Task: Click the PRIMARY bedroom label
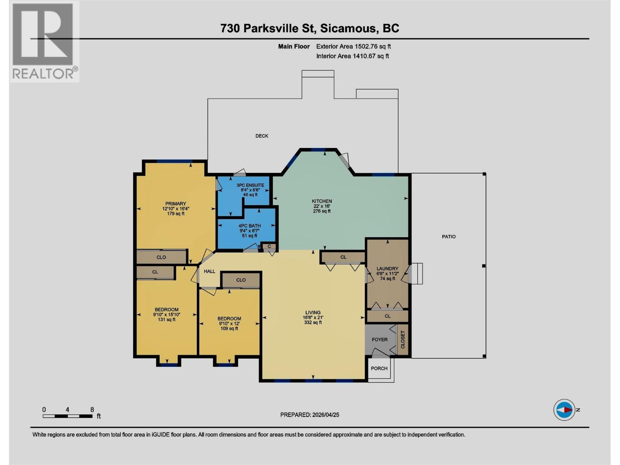(176, 203)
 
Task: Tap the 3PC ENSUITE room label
(250, 185)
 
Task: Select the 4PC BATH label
(250, 226)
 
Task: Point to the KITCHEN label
(322, 201)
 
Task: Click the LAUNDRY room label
(387, 269)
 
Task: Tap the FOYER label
(379, 339)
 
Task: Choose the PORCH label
(379, 368)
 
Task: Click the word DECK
(262, 136)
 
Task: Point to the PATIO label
(449, 236)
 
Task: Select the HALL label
(209, 271)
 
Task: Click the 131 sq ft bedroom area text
(167, 320)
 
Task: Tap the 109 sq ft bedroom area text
(229, 329)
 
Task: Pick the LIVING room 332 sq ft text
(313, 322)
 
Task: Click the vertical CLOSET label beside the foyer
(403, 339)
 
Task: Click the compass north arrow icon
(564, 410)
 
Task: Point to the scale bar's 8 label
(92, 410)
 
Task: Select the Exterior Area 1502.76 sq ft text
(353, 46)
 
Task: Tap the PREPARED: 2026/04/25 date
(310, 415)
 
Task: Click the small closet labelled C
(269, 246)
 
